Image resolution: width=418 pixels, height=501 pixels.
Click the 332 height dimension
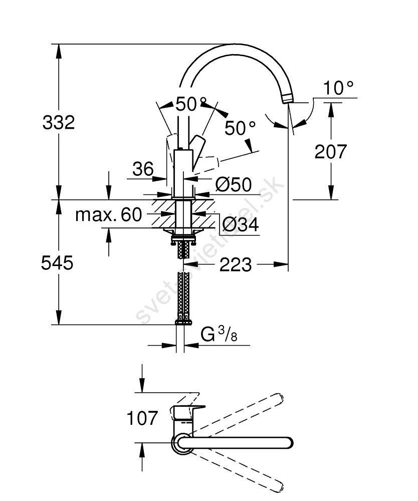click(59, 122)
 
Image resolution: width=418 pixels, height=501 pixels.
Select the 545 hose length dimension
click(57, 263)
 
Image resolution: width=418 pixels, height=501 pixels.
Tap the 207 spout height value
click(331, 151)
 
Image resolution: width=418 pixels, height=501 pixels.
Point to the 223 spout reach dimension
click(236, 264)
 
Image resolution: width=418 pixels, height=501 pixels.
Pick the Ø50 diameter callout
click(233, 185)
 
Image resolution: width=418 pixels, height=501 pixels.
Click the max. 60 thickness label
click(109, 215)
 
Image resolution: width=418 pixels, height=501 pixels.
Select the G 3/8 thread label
click(219, 334)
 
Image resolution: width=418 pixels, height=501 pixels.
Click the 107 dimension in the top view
click(141, 418)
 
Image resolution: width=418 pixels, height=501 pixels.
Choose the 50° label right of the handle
click(240, 128)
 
